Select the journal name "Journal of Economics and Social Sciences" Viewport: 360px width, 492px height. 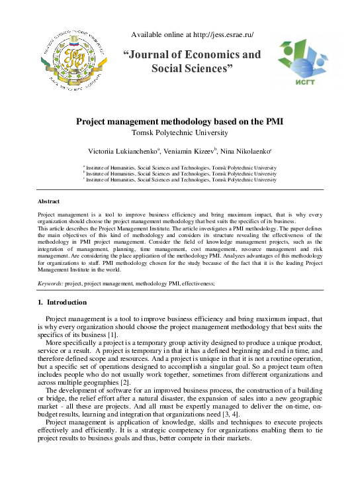point(192,61)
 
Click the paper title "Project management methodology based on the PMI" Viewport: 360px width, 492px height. point(179,122)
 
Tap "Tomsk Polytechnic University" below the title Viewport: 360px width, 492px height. point(179,132)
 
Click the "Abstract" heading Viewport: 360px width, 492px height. point(49,201)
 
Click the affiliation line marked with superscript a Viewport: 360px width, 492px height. point(179,168)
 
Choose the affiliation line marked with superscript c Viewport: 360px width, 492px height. point(179,179)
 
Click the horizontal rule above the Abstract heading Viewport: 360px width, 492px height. point(179,191)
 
